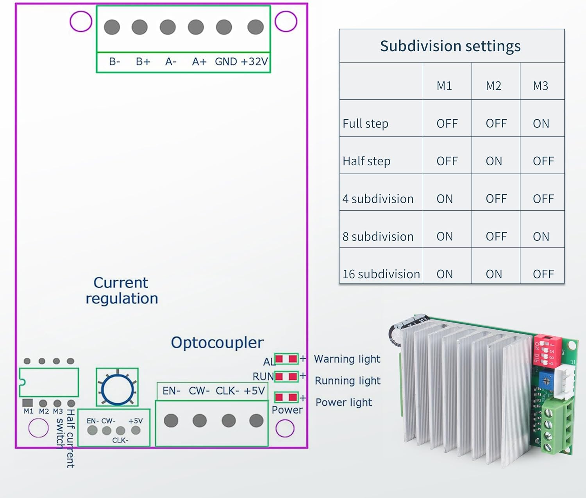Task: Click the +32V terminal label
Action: tap(254, 62)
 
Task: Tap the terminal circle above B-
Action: tap(112, 27)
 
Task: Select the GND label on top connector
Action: tap(226, 62)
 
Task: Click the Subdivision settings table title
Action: tap(450, 46)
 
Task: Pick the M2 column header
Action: tap(493, 86)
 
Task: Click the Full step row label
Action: tap(365, 124)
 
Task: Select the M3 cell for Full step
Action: tap(541, 124)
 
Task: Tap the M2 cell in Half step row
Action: tap(494, 161)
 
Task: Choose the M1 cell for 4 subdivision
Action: tap(445, 199)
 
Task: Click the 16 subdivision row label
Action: tap(381, 274)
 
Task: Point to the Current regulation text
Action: tap(121, 290)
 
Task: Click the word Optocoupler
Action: tap(217, 342)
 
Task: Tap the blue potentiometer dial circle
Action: tap(117, 389)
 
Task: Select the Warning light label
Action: tap(347, 359)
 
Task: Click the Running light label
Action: tap(347, 380)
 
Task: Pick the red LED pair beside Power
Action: tap(286, 398)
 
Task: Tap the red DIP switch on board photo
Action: tap(547, 349)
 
